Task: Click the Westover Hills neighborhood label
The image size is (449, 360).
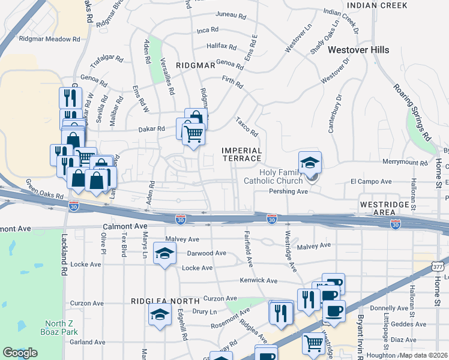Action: (359, 50)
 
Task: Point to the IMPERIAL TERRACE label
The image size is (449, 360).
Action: (242, 154)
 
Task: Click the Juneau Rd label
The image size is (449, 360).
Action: (228, 15)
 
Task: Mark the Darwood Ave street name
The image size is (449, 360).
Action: (206, 253)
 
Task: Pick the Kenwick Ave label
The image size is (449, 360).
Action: (259, 280)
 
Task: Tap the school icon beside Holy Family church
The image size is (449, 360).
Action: (310, 162)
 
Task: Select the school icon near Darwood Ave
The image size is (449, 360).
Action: (164, 253)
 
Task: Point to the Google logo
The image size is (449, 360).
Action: (19, 353)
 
